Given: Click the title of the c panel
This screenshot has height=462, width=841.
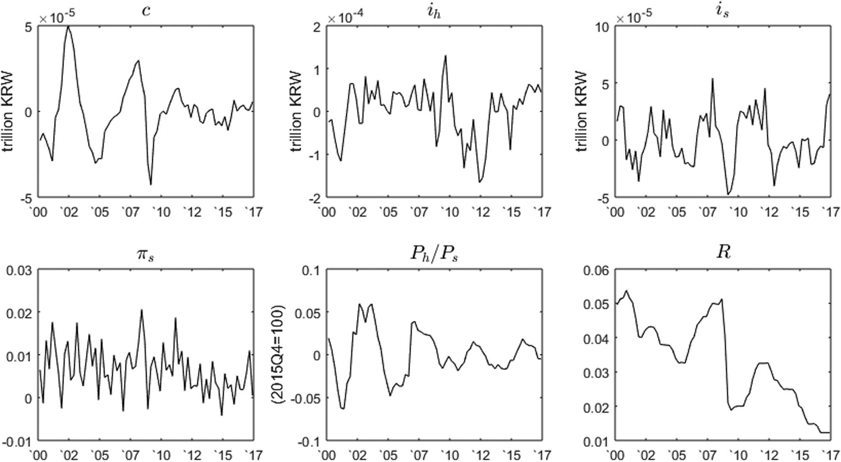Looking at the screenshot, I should pyautogui.click(x=146, y=11).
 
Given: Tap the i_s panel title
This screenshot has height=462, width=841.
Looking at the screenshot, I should pyautogui.click(x=722, y=11).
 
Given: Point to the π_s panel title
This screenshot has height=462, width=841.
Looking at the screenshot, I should pyautogui.click(x=146, y=254).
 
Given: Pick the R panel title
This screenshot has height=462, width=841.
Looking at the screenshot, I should pyautogui.click(x=723, y=253).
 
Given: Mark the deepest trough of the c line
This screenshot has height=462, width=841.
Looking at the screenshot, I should pyautogui.click(x=151, y=184).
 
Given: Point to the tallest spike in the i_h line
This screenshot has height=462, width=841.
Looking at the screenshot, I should pyautogui.click(x=445, y=55).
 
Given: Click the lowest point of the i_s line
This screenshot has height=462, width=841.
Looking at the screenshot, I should pyautogui.click(x=728, y=194).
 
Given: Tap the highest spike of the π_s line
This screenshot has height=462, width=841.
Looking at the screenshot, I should pyautogui.click(x=142, y=310).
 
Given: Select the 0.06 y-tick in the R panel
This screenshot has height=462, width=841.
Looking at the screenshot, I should pyautogui.click(x=595, y=270).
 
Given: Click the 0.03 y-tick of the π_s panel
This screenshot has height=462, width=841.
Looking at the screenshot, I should pyautogui.click(x=19, y=270).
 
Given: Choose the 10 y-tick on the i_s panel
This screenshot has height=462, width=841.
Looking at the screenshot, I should pyautogui.click(x=602, y=26).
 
